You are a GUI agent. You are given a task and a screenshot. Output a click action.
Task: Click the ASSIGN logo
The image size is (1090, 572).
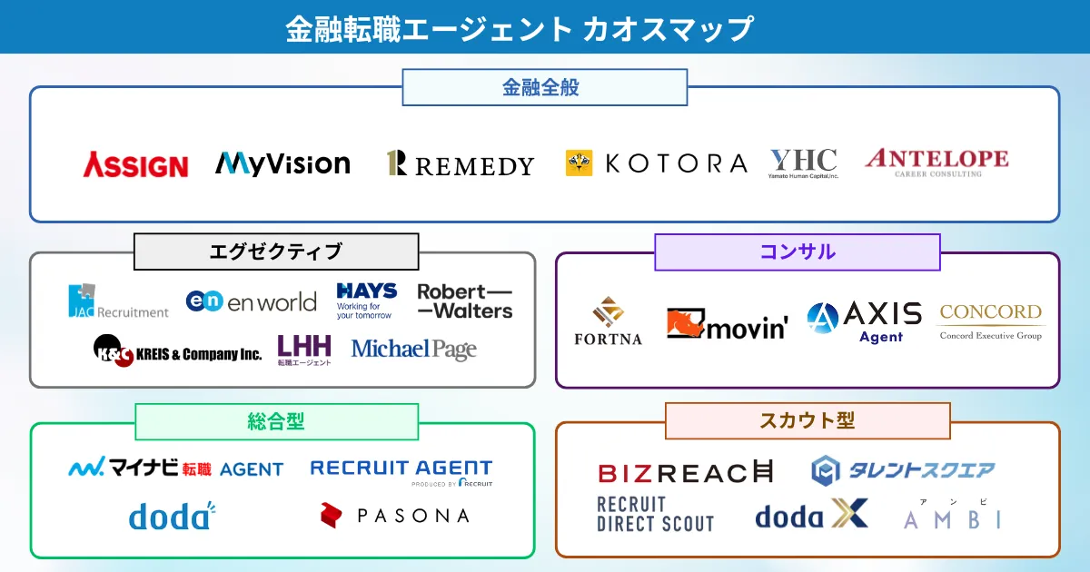135,165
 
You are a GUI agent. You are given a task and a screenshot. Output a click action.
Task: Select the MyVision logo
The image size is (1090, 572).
282,163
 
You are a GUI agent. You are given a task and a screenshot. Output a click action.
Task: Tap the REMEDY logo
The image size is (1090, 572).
460,164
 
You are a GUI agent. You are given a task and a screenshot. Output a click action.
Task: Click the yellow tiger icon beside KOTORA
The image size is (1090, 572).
579,163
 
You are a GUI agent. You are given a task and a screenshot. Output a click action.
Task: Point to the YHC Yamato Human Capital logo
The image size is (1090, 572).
803,163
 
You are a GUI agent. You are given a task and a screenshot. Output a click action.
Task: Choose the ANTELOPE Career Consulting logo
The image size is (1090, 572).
936,162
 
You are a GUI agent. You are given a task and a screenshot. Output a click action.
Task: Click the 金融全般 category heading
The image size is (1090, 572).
544,88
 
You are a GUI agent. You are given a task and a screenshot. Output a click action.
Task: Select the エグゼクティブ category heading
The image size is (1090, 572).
276,251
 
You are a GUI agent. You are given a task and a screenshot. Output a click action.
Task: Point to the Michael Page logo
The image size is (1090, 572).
413,349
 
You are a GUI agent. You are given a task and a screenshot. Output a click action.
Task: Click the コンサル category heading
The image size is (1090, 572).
797,251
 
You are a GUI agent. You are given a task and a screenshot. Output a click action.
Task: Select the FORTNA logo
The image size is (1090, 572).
608,321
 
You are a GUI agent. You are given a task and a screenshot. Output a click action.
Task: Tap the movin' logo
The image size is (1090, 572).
727,324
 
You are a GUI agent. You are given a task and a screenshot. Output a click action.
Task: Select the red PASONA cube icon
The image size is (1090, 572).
331,515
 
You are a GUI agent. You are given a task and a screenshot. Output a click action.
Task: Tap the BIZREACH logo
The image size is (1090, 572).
685,472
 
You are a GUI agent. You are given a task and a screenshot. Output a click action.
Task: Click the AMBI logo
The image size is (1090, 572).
953,518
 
